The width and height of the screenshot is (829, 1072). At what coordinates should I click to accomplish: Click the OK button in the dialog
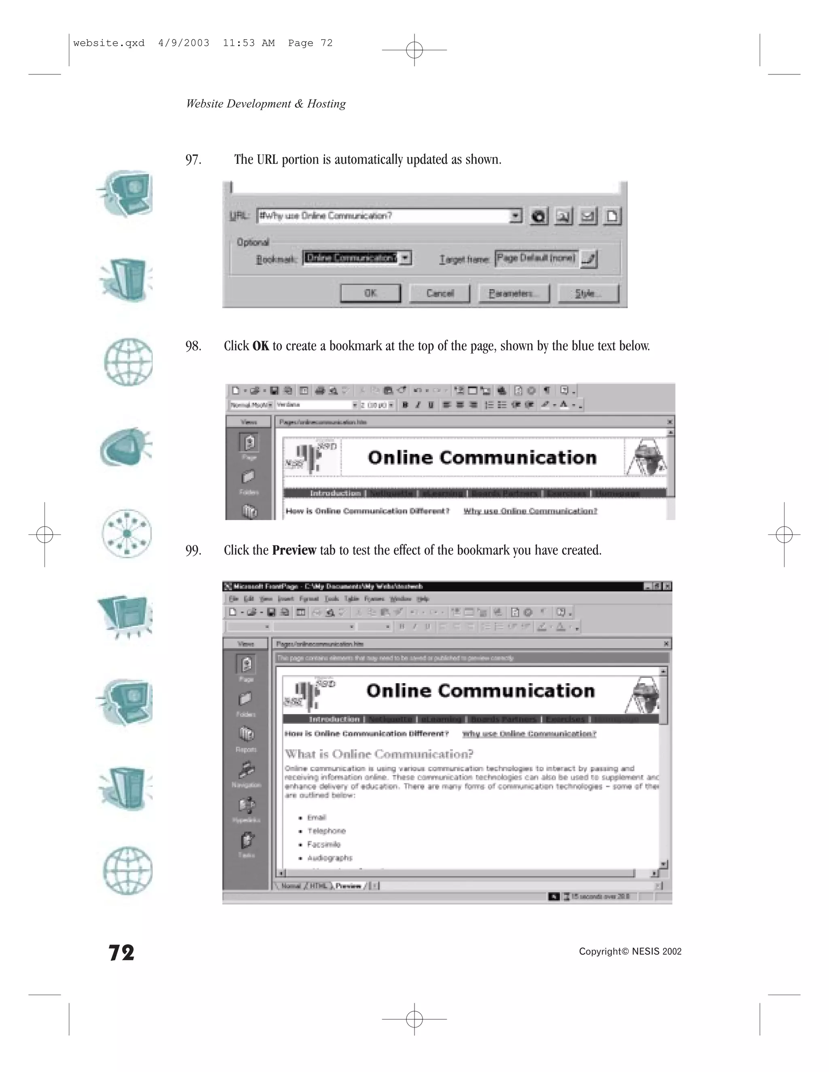371,294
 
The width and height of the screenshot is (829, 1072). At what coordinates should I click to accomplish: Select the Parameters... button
514,294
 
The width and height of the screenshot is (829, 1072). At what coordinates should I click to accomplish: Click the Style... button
588,294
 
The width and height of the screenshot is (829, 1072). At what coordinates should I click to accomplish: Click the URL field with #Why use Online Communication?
383,216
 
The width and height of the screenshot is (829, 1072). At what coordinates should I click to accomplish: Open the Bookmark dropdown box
406,258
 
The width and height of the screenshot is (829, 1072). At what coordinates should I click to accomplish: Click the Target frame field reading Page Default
536,258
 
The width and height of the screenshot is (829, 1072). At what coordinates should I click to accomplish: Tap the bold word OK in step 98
261,346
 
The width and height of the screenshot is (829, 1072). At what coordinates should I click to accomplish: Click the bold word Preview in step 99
294,550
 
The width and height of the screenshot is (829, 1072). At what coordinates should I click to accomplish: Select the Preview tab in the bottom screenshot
348,886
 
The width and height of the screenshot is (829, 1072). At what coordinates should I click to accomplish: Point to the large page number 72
121,953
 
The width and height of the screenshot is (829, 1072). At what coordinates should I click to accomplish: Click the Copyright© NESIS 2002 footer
630,952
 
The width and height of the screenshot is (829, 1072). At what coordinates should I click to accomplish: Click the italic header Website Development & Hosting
266,104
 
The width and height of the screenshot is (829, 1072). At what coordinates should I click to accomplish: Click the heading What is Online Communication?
378,754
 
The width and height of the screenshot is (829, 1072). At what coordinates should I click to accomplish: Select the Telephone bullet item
327,831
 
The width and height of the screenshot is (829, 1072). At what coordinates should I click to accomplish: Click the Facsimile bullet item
324,844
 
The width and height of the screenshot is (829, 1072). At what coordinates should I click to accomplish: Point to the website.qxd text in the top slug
108,43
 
